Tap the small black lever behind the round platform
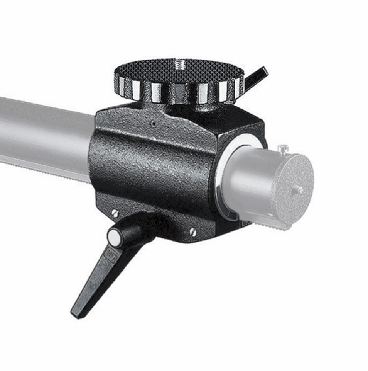[x=256, y=77]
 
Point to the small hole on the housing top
[x=154, y=124]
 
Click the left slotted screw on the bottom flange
[x=115, y=213]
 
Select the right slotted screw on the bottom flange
[x=193, y=232]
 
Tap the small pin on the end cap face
[x=298, y=189]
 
